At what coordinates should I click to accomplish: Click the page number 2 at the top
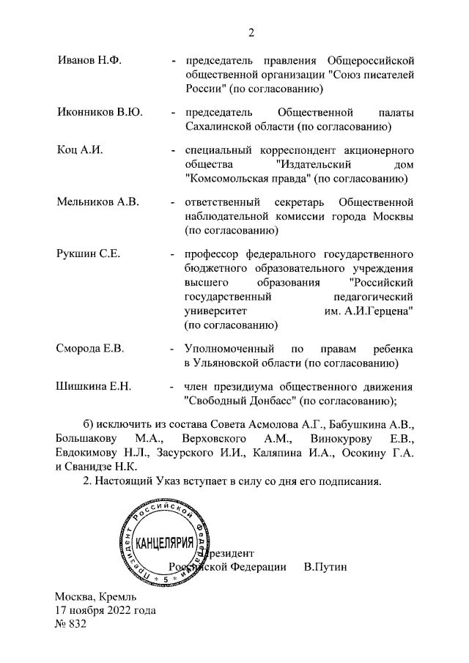[x=251, y=32]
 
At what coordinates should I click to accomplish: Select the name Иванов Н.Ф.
[x=89, y=59]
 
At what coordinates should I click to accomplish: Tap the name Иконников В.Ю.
[x=99, y=113]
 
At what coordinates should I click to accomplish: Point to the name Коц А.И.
[x=80, y=150]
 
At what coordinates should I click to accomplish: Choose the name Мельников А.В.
[x=97, y=201]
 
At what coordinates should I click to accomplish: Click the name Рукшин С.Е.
[x=88, y=254]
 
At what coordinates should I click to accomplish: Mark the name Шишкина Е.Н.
[x=94, y=387]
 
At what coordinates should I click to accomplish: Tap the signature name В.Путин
[x=325, y=567]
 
